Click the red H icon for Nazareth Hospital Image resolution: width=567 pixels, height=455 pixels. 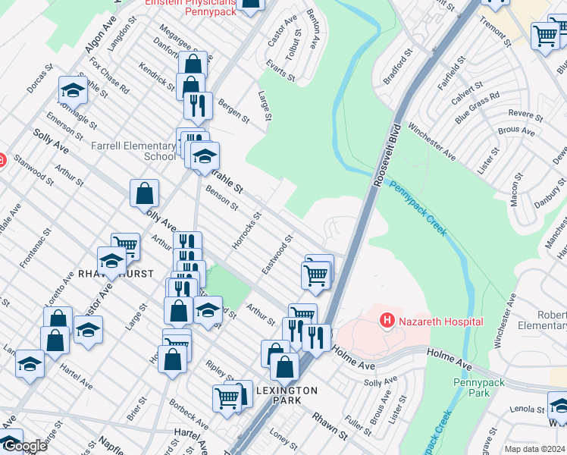(x=387, y=322)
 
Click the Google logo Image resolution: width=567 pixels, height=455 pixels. (x=24, y=446)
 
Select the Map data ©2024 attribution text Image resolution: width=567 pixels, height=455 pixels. (x=534, y=449)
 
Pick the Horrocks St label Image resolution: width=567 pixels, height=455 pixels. (x=246, y=231)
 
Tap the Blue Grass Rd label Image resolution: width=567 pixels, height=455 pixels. (x=478, y=108)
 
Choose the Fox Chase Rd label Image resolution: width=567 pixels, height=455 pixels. (x=108, y=75)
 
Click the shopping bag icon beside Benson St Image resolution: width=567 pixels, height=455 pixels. (x=144, y=194)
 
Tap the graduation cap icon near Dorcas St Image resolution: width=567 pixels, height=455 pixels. (x=73, y=91)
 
